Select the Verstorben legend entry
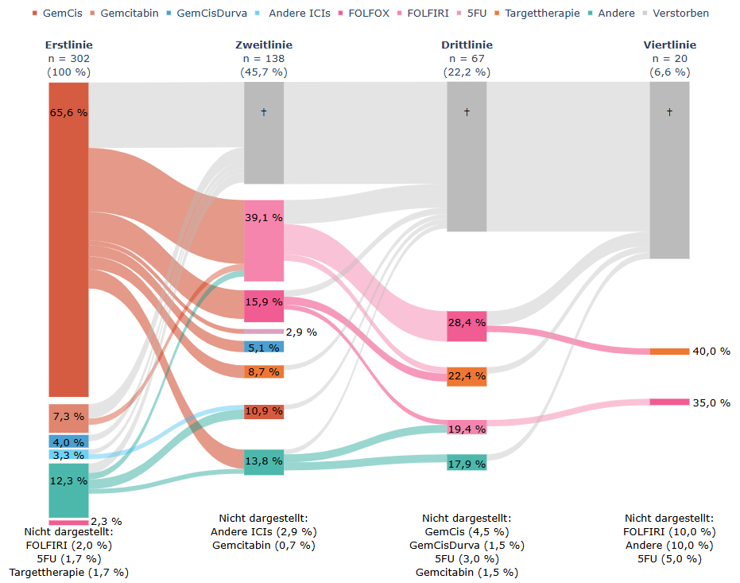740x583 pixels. [680, 14]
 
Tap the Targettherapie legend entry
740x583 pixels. [540, 14]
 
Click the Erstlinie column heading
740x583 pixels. [68, 45]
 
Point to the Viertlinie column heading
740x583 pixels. [669, 45]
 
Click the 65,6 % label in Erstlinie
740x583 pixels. [68, 113]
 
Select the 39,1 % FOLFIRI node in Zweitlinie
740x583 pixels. [264, 240]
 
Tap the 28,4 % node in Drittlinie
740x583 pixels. [467, 326]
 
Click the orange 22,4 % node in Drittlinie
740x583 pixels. [467, 376]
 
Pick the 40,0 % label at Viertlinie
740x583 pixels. [711, 352]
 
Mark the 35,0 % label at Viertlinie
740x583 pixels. [711, 402]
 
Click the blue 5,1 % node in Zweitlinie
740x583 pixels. [264, 347]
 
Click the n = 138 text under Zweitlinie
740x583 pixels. [264, 59]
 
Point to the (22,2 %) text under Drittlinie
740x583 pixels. [467, 72]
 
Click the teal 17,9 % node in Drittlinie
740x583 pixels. [467, 462]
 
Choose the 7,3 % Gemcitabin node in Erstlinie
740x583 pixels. [68, 418]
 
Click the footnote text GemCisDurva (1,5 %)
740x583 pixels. [467, 545]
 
